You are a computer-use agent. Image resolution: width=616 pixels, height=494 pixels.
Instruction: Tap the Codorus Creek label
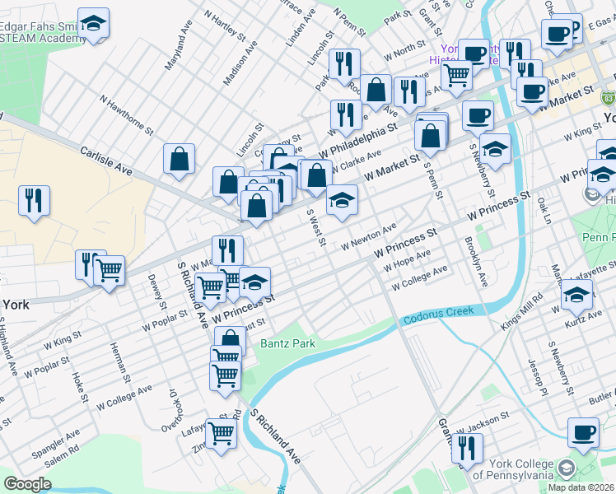click(438, 314)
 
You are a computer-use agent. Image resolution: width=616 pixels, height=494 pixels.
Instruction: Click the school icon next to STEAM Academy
click(93, 26)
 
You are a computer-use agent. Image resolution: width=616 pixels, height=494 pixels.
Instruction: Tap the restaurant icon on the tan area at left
click(35, 201)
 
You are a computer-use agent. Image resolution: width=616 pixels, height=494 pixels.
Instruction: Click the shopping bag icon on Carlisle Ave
click(179, 160)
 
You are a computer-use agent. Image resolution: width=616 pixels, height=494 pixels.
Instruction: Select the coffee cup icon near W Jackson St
click(584, 433)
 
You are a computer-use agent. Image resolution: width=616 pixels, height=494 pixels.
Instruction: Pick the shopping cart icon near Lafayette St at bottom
click(221, 433)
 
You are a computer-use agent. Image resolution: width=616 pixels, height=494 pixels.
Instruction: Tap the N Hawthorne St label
click(127, 114)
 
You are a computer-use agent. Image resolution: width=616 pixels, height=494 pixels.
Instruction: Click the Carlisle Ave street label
click(106, 161)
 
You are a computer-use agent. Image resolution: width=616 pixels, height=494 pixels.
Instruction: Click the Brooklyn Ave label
click(476, 262)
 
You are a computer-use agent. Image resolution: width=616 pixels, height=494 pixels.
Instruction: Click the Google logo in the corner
click(27, 484)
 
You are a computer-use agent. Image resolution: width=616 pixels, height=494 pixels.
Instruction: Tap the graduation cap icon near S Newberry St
click(496, 150)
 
